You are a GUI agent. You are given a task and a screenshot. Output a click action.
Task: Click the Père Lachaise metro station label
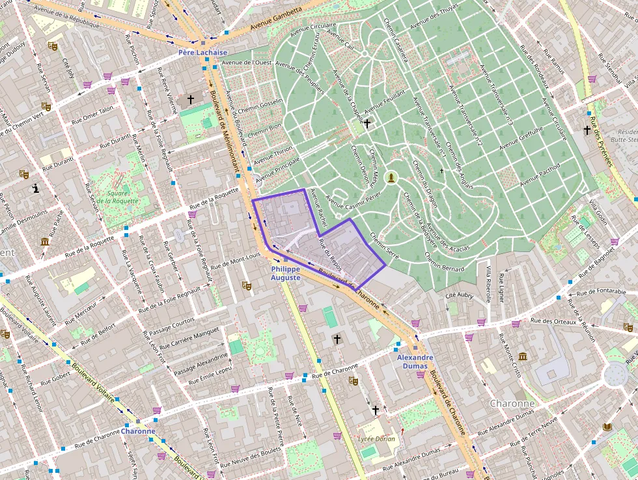203,52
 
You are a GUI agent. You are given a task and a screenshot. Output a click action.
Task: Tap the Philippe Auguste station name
286,273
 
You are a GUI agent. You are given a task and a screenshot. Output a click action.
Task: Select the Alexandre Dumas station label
415,361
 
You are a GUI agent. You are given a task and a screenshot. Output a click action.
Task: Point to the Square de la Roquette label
118,197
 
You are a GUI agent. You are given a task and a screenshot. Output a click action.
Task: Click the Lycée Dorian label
376,439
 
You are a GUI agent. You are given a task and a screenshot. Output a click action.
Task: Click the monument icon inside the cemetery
391,177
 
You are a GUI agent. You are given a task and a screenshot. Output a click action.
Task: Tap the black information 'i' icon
36,189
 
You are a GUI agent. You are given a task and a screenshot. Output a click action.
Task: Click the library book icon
607,427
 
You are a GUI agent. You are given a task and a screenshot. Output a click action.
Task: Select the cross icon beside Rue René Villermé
191,100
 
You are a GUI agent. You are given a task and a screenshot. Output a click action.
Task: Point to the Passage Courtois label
172,326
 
